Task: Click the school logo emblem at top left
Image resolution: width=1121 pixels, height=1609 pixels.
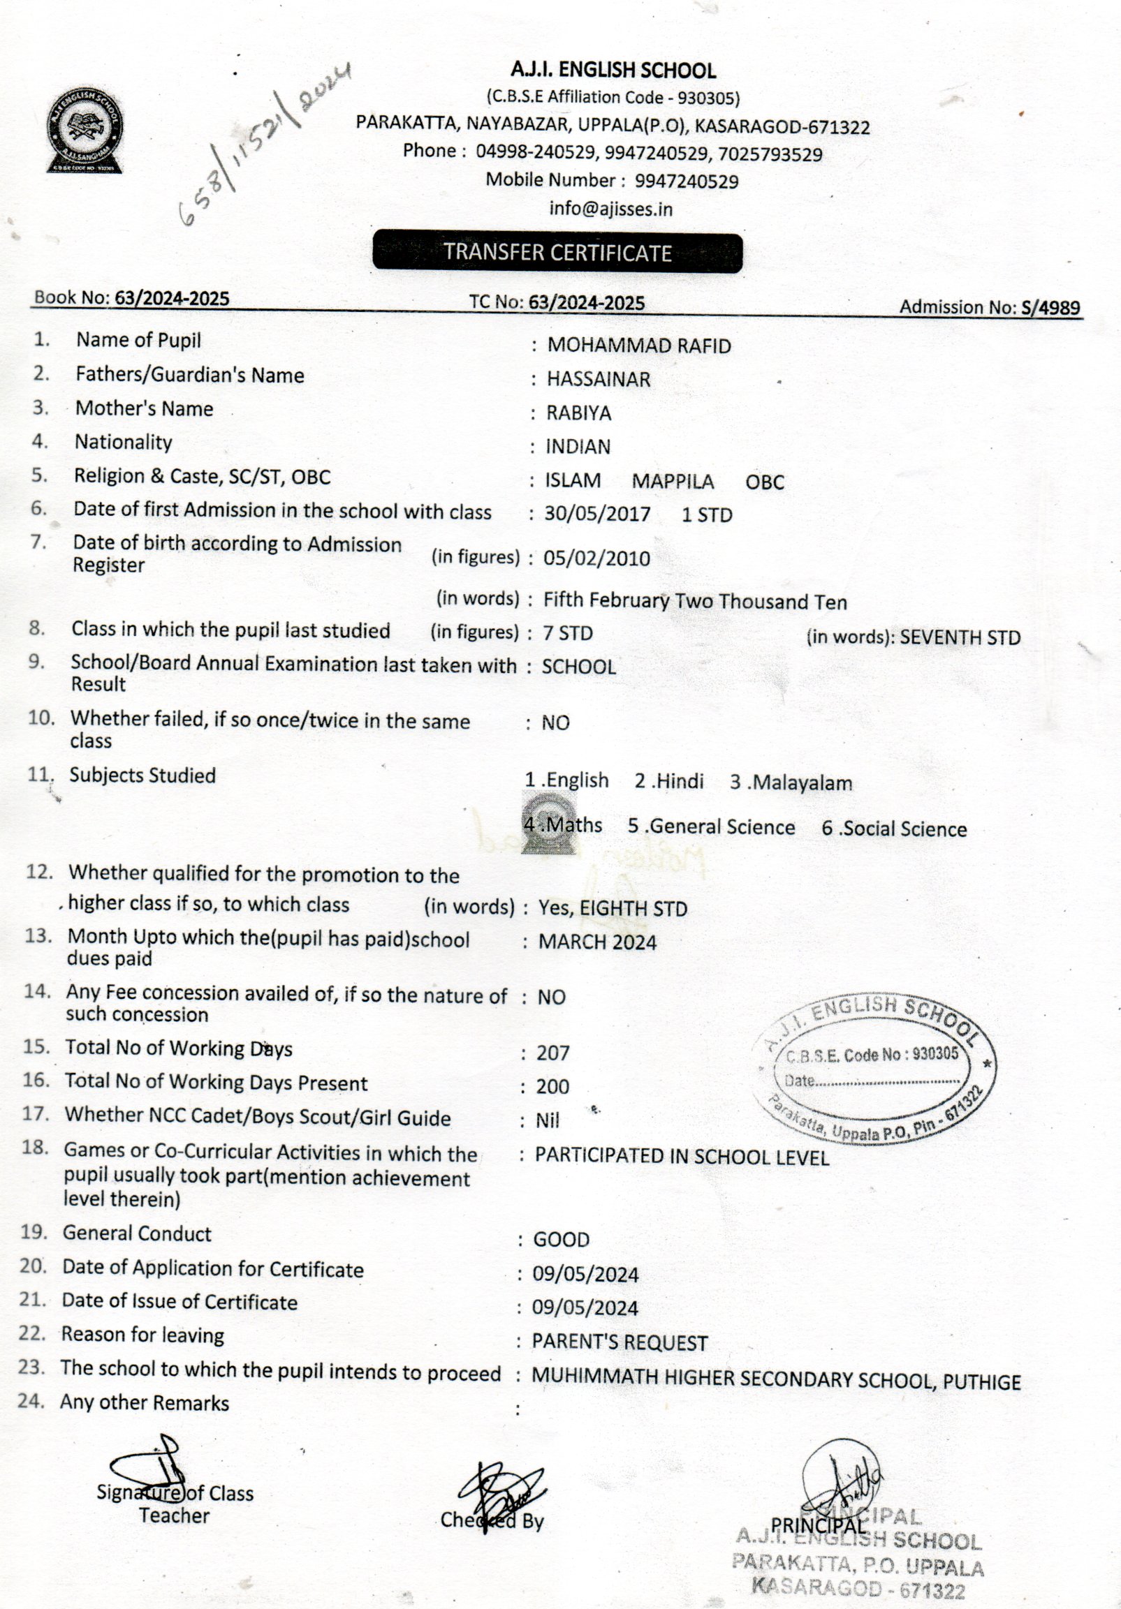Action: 85,131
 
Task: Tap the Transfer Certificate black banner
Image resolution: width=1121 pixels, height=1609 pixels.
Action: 557,252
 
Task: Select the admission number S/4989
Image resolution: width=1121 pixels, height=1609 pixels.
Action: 1050,307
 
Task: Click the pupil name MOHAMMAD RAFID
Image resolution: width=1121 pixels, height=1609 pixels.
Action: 638,346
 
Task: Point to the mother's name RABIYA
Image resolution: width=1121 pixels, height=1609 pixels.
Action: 578,413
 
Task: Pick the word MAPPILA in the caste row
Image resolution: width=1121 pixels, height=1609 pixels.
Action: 673,482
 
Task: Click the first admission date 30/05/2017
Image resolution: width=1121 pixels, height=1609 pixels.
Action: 597,514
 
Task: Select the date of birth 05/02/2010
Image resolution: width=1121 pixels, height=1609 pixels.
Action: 596,558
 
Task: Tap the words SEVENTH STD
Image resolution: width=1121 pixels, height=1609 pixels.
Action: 960,638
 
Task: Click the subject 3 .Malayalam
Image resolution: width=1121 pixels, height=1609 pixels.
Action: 791,782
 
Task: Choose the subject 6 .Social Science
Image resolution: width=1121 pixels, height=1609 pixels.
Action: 894,829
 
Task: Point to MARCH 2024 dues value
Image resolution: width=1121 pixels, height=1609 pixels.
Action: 597,942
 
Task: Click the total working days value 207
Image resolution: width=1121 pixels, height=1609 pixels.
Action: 553,1053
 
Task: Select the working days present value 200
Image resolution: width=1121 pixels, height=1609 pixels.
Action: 552,1086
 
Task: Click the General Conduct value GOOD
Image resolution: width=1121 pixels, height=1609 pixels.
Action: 561,1239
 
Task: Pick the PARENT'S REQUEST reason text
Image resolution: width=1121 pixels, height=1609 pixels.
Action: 620,1342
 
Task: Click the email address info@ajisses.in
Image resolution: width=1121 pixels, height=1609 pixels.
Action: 610,209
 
